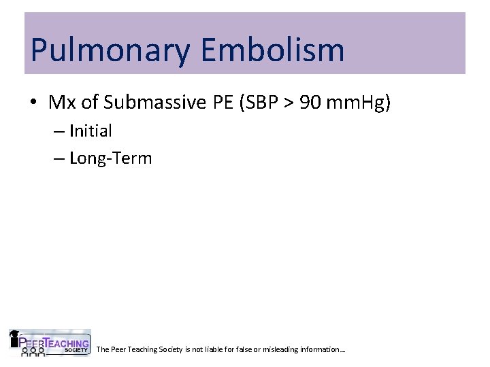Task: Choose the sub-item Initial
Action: [91, 130]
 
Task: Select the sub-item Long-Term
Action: [110, 159]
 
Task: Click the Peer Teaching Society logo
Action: [49, 343]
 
